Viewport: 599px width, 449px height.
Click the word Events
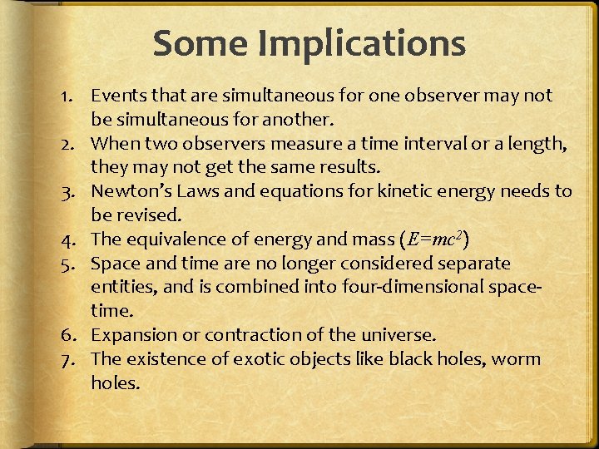tap(117, 96)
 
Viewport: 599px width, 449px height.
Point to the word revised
tap(137, 216)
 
